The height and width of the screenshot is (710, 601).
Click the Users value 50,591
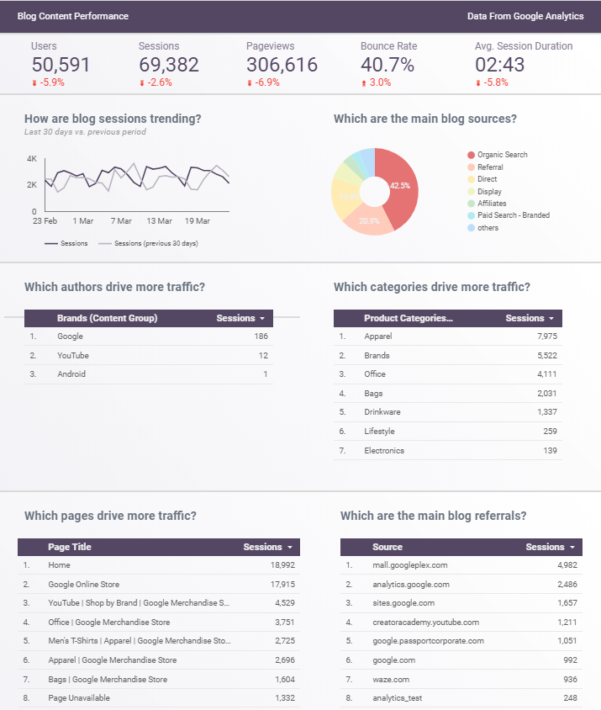[x=61, y=65]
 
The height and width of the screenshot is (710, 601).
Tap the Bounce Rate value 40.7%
[x=387, y=65]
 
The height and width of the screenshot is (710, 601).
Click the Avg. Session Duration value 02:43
[x=501, y=65]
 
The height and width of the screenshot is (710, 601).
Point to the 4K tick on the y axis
[x=32, y=158]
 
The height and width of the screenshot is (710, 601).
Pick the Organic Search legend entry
[x=502, y=155]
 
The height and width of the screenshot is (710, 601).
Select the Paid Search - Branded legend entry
[x=513, y=215]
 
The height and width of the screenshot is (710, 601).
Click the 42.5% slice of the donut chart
[x=399, y=185]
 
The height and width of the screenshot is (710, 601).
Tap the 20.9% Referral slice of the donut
[x=369, y=221]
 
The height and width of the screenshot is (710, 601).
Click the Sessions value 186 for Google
[x=261, y=336]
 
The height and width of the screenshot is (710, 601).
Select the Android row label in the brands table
[x=71, y=374]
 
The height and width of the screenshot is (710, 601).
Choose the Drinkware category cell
[x=382, y=412]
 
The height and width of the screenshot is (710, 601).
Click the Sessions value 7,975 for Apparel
[x=545, y=336]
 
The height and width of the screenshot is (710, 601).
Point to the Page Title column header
[x=70, y=547]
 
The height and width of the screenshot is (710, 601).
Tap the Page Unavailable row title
[x=79, y=698]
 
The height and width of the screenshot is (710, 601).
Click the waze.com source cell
[x=392, y=679]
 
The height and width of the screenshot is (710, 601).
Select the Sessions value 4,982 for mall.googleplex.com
[x=567, y=565]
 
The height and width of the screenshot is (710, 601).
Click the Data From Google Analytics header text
[x=525, y=16]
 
